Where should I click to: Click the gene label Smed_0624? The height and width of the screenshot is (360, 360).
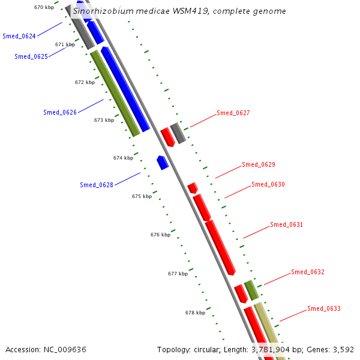[x=19, y=36]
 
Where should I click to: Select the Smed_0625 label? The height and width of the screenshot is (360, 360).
[x=31, y=56]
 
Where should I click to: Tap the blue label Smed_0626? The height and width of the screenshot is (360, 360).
[x=60, y=112]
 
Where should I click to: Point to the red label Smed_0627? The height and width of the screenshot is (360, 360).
[x=233, y=113]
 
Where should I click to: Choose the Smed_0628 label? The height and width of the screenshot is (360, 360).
[x=97, y=185]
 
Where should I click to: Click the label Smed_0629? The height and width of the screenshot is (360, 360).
[x=259, y=164]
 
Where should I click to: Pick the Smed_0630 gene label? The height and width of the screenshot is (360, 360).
[x=268, y=185]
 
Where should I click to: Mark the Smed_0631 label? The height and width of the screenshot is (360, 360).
[x=287, y=225]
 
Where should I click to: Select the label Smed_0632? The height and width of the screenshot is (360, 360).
[x=308, y=272]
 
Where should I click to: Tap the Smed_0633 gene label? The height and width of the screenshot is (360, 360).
[x=324, y=309]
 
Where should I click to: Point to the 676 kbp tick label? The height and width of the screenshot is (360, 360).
[x=160, y=235]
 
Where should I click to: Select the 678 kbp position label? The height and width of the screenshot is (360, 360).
[x=195, y=313]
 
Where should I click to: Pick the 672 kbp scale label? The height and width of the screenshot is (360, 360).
[x=85, y=82]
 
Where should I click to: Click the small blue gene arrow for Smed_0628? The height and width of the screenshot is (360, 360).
[x=162, y=162]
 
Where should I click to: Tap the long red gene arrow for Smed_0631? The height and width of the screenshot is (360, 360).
[x=220, y=247]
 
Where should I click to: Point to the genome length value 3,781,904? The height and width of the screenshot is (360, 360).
[x=277, y=349]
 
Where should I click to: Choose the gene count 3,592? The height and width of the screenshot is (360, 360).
[x=342, y=349]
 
